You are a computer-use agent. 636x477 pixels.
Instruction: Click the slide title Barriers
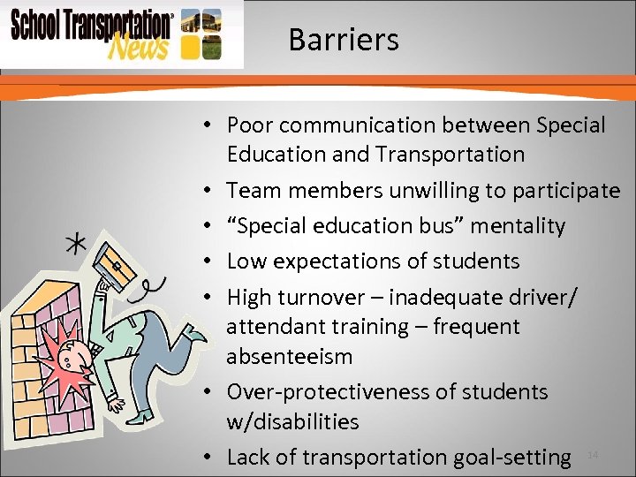[x=343, y=40]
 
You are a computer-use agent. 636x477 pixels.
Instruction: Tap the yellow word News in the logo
[x=137, y=45]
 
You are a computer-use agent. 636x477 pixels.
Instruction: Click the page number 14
[x=593, y=454]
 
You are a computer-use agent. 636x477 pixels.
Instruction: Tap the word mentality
[x=517, y=226]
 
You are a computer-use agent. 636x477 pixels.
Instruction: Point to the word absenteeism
[x=289, y=357]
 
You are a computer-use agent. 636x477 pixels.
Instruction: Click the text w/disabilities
[x=292, y=421]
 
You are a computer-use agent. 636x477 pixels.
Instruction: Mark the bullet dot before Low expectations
[x=204, y=261]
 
